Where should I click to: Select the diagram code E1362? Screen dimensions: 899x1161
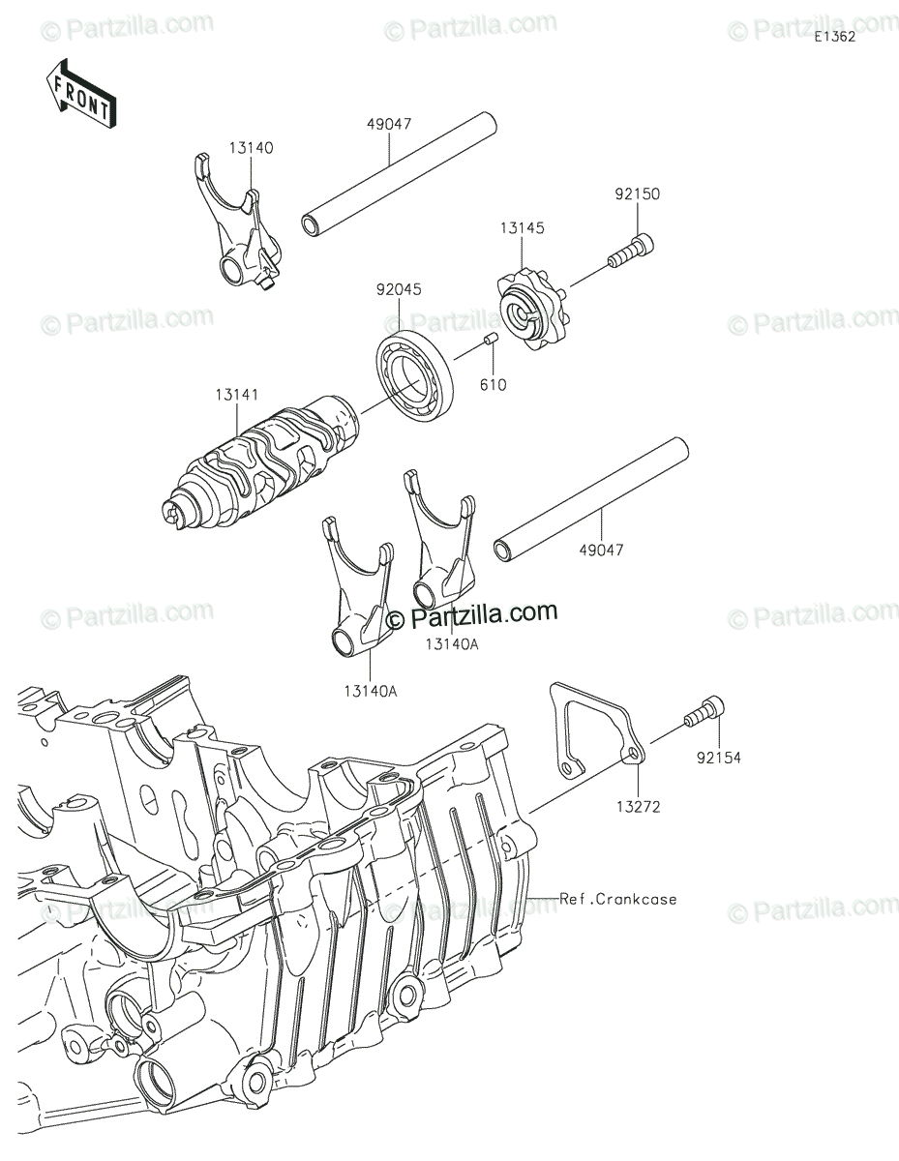[x=835, y=37]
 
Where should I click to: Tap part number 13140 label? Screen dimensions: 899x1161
[x=251, y=148]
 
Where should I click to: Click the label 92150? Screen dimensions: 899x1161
[x=638, y=193]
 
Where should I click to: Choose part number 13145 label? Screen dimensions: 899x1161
[x=523, y=227]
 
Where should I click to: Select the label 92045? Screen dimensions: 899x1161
[x=399, y=289]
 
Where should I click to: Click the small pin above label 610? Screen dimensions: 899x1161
[x=491, y=340]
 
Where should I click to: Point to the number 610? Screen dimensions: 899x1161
[x=493, y=384]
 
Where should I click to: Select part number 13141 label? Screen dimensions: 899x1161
[x=237, y=395]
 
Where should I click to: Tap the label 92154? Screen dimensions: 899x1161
[x=718, y=758]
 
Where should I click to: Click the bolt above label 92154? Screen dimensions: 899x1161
[x=704, y=712]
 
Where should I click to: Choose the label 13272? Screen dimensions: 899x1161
[x=639, y=806]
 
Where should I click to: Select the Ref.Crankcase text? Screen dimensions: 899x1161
[x=618, y=899]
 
